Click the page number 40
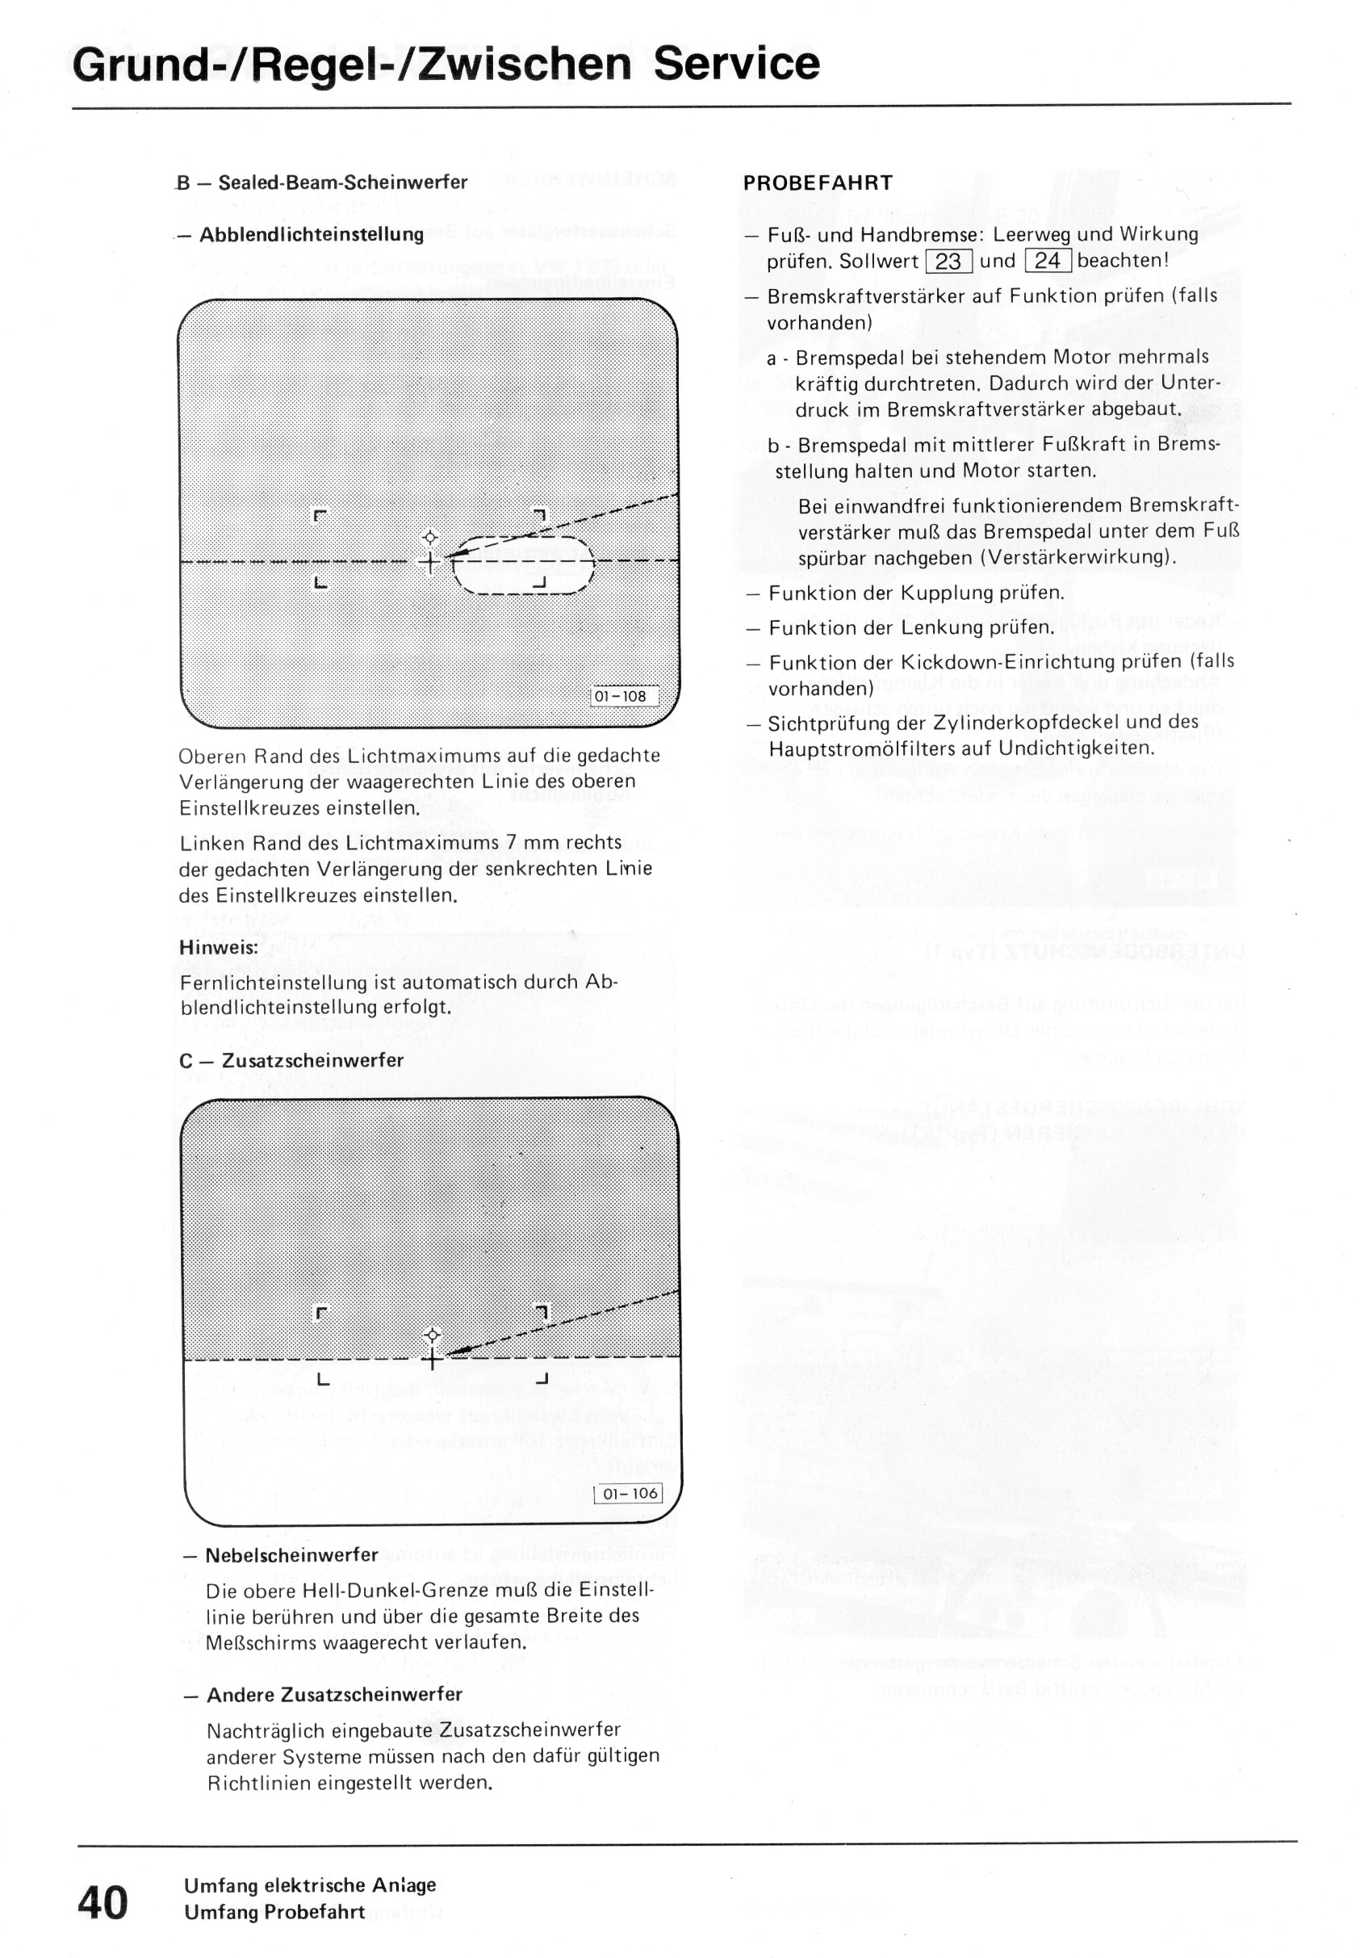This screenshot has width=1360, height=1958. (103, 1902)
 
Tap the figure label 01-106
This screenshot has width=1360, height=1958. (630, 1493)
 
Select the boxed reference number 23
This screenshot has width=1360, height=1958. (948, 262)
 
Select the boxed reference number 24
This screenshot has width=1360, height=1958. (1048, 262)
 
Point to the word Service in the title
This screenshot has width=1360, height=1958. (736, 63)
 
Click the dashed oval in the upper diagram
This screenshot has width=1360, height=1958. (523, 564)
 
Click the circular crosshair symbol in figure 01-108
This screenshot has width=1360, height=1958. (430, 537)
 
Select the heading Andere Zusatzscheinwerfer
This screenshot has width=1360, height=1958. (334, 1694)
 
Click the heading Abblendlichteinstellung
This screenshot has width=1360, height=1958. (311, 234)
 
